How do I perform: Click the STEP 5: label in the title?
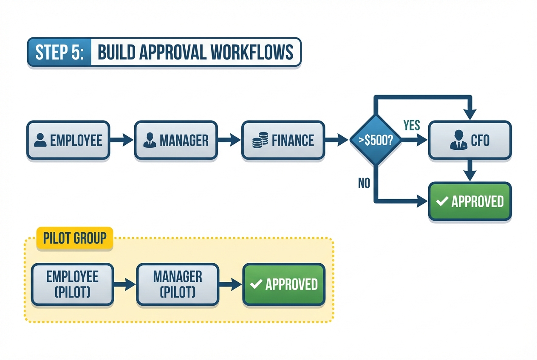pyautogui.click(x=59, y=52)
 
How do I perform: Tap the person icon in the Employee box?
pyautogui.click(x=40, y=141)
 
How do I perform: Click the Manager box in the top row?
pyautogui.click(x=176, y=141)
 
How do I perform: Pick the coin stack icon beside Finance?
pyautogui.click(x=260, y=141)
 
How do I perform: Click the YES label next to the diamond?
pyautogui.click(x=411, y=125)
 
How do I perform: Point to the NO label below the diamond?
pyautogui.click(x=364, y=183)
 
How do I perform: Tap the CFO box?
pyautogui.click(x=469, y=141)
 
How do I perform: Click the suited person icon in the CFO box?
pyautogui.click(x=458, y=140)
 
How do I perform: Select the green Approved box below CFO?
pyautogui.click(x=469, y=201)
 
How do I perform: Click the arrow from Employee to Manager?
pyautogui.click(x=122, y=141)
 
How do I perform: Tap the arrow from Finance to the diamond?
pyautogui.click(x=337, y=140)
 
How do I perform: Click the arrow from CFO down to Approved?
pyautogui.click(x=469, y=171)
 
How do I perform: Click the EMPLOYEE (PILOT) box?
pyautogui.click(x=72, y=284)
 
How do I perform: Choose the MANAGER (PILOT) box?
pyautogui.click(x=178, y=284)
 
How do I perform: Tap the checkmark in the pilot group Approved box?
pyautogui.click(x=256, y=284)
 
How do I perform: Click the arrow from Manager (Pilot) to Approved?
pyautogui.click(x=230, y=284)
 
